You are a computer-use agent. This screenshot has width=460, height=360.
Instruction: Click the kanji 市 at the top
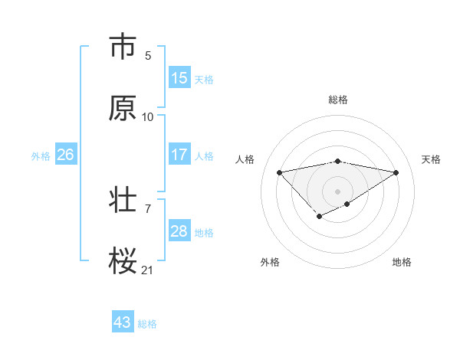coord(123,47)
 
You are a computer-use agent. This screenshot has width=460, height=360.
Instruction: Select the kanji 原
coord(123,109)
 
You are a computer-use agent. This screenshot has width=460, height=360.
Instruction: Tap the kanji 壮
coord(123,201)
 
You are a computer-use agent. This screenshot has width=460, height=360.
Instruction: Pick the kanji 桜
coord(123,262)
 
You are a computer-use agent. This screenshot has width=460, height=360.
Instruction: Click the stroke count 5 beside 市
coord(148,55)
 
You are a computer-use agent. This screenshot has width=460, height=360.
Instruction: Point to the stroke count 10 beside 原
coord(148,116)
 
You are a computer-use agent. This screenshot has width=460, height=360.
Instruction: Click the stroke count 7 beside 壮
coord(148,208)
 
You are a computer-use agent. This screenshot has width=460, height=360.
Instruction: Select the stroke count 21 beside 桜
coord(148,270)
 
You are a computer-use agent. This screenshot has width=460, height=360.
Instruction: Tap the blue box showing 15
coord(179,78)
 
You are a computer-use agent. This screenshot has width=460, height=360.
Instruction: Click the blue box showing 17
coord(179,155)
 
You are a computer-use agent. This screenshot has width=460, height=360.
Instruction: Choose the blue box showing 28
coord(179,231)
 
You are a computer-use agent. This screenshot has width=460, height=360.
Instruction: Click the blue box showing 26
coord(66,155)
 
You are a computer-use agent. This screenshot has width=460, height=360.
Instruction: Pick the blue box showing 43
coord(123,322)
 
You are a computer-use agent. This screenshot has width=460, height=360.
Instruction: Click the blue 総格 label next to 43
coord(147,324)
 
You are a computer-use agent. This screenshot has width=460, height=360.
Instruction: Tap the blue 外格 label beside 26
coord(41,156)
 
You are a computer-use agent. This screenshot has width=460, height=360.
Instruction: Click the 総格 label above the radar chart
coord(338,100)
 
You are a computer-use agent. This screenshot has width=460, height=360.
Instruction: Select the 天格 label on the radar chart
coord(431,159)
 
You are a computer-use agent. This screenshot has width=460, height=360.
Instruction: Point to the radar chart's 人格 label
coord(245,159)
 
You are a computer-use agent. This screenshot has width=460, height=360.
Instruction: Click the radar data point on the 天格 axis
coord(396,172)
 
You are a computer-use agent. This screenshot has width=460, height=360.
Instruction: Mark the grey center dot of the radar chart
coord(338,191)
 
